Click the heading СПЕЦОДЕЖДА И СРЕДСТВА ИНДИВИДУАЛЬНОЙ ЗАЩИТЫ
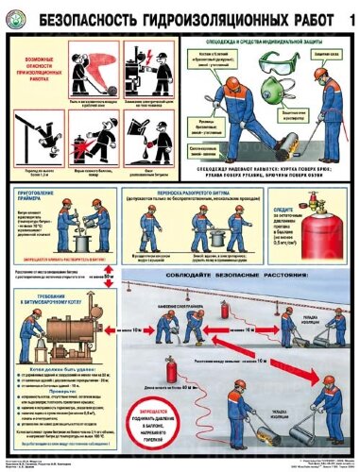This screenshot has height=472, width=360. [249, 41]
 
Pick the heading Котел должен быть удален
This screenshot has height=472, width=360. [62, 372]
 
